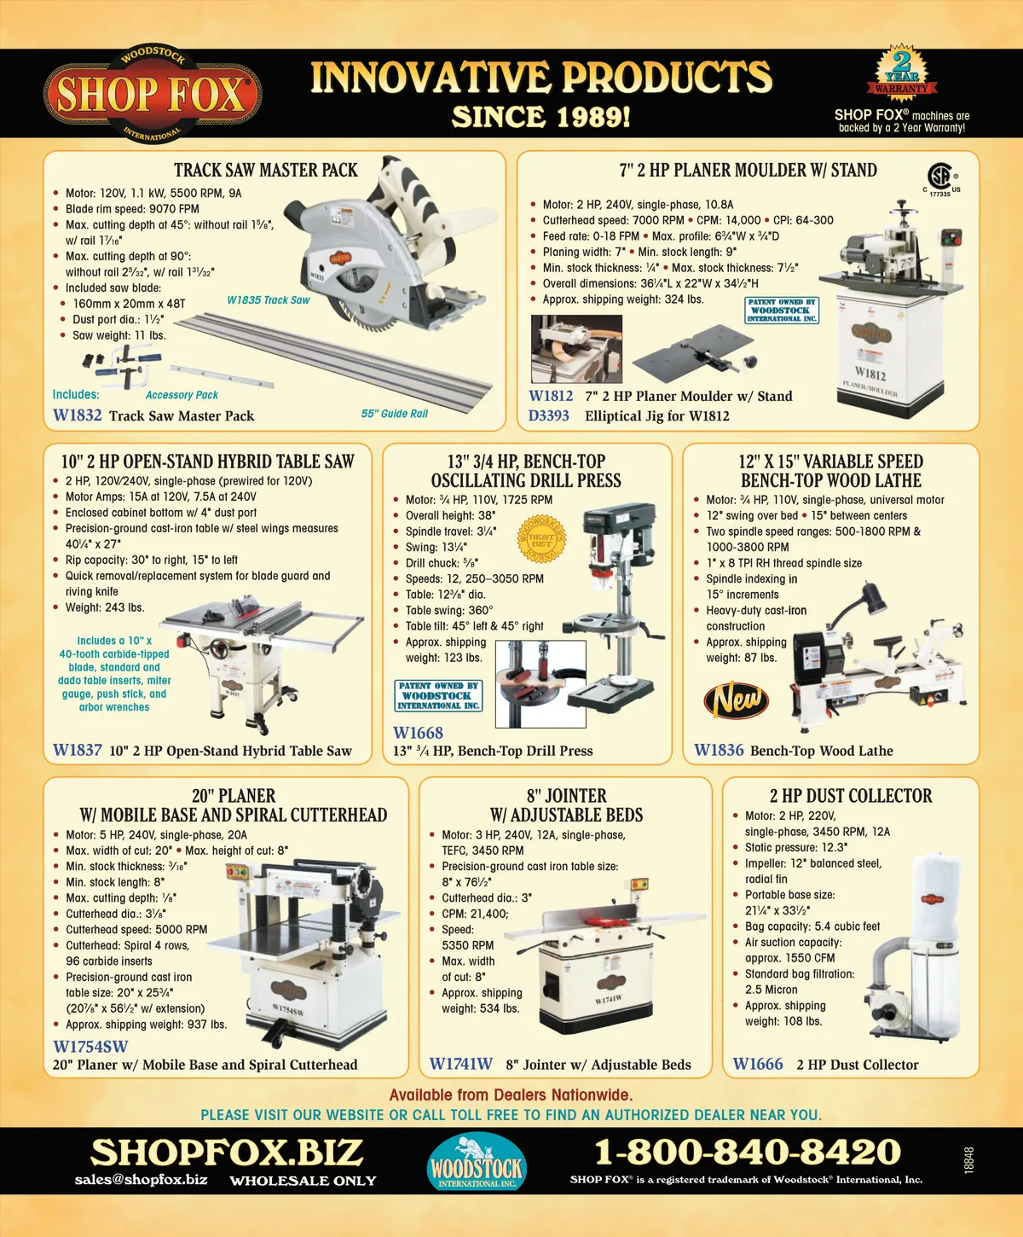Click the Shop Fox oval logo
tap(152, 94)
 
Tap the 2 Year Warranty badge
tap(901, 73)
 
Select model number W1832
tap(77, 415)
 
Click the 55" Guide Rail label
tap(394, 414)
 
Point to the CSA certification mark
tap(939, 178)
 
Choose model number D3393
tap(548, 415)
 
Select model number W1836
tap(719, 750)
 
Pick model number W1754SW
tap(90, 1047)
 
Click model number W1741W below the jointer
tap(460, 1064)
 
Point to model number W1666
tap(757, 1064)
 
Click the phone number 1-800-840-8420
tap(747, 1152)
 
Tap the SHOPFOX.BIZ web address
tap(227, 1153)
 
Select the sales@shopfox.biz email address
tap(141, 1180)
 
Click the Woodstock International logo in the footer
tap(477, 1162)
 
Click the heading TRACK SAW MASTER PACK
tap(266, 170)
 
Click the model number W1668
tap(418, 733)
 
